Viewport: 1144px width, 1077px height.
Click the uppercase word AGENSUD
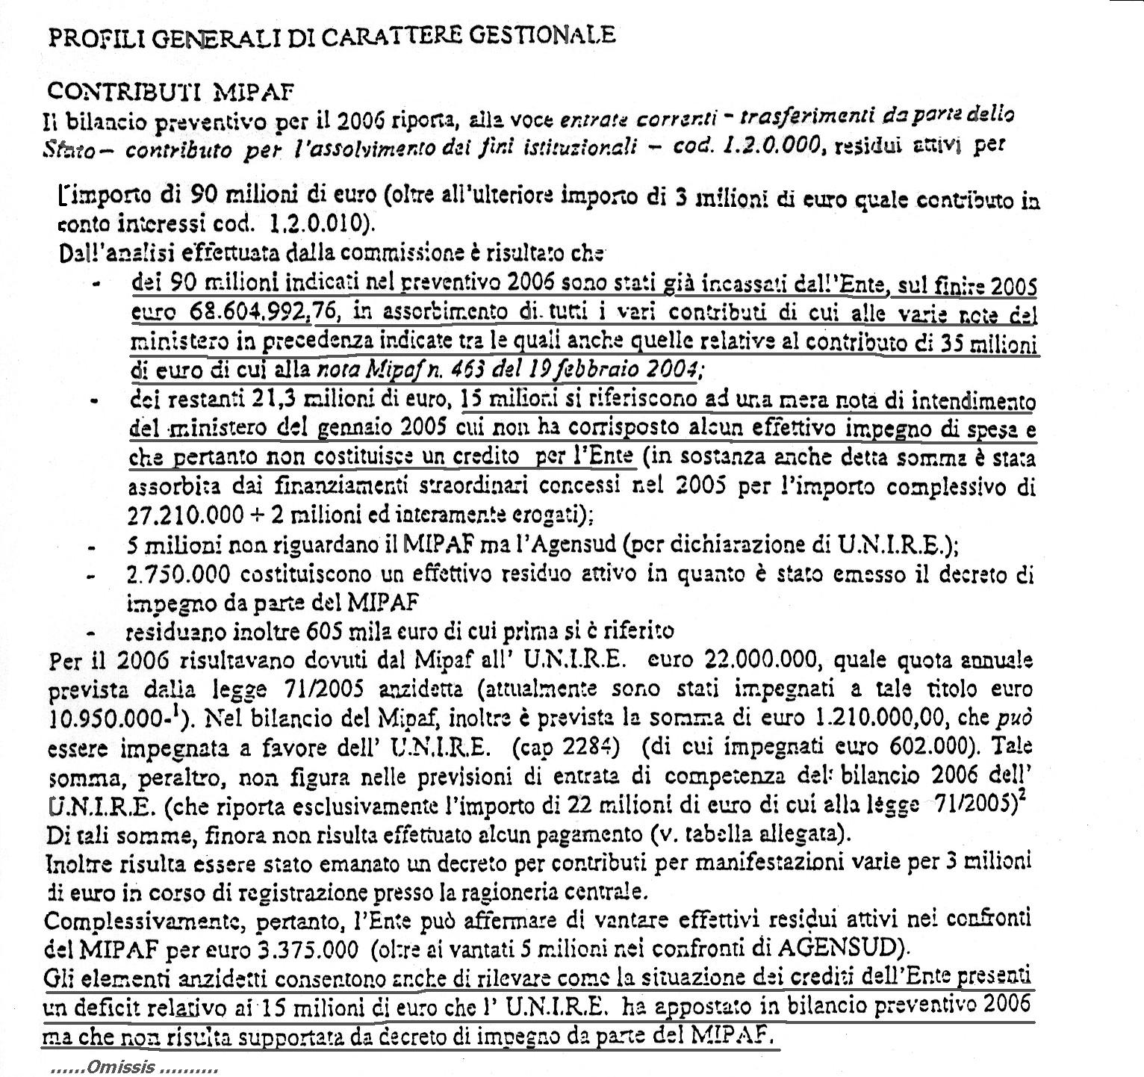coord(836,949)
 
